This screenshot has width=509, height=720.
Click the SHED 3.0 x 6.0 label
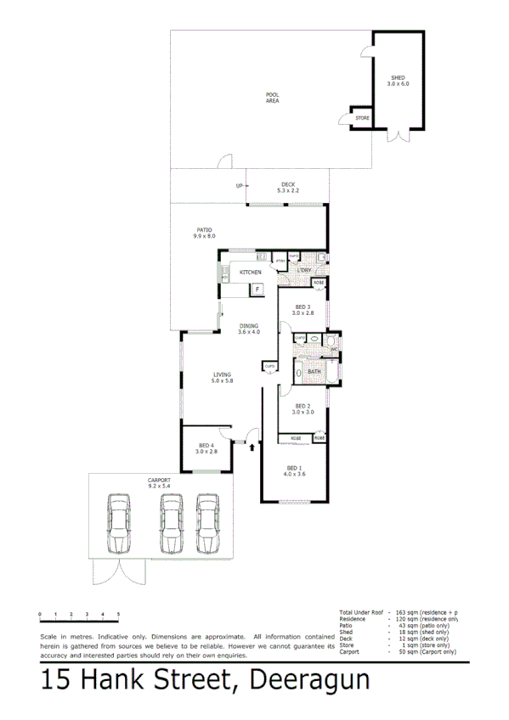(398, 81)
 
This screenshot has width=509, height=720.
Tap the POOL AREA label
(272, 98)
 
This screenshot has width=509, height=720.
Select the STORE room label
(362, 118)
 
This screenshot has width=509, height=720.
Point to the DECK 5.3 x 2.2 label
(288, 188)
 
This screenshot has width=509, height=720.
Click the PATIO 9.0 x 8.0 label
(205, 233)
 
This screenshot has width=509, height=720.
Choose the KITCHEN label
(250, 272)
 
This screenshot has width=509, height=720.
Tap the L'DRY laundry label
(304, 270)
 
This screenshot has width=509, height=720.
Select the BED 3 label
(303, 310)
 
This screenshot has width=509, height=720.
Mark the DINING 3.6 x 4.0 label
(248, 329)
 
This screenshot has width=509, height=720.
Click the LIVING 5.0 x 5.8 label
(222, 378)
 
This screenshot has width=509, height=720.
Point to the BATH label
(314, 371)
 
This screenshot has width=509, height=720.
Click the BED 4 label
(207, 448)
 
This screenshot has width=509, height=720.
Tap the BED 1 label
(294, 471)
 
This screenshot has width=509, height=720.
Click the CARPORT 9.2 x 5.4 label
(159, 482)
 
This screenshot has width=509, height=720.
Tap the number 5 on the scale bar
(118, 613)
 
